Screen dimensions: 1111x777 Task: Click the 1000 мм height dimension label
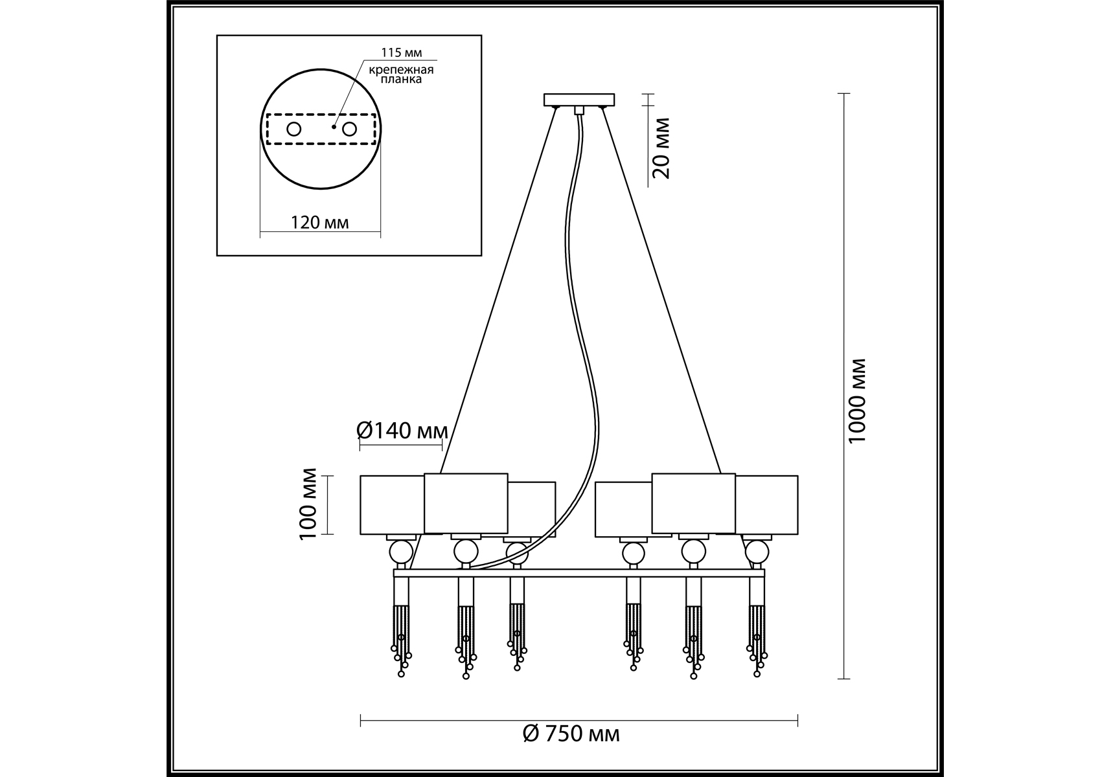(x=858, y=401)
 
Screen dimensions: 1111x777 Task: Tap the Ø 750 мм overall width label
(x=571, y=734)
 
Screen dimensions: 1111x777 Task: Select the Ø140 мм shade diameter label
(x=402, y=430)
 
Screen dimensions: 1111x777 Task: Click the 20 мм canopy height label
(x=661, y=148)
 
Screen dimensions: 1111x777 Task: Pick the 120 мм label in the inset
(x=320, y=223)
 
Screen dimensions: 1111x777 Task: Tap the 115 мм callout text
(x=400, y=52)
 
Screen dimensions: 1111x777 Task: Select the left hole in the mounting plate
(x=293, y=129)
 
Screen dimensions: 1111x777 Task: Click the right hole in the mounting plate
(x=349, y=129)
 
